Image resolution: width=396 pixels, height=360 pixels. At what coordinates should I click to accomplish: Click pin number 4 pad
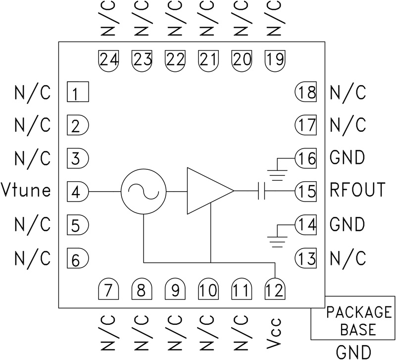(x=77, y=191)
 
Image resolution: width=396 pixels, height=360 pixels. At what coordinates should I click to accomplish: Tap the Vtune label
(x=26, y=191)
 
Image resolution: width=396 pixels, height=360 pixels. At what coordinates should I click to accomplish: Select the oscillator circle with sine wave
(x=143, y=191)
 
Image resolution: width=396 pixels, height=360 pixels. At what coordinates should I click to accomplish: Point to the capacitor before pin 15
(x=262, y=191)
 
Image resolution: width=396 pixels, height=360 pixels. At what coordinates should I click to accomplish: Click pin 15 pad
(x=305, y=191)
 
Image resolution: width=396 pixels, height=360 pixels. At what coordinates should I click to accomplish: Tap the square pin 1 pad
(x=78, y=92)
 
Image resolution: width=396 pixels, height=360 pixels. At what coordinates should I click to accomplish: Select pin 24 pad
(x=109, y=60)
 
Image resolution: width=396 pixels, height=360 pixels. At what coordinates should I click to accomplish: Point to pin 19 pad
(x=275, y=60)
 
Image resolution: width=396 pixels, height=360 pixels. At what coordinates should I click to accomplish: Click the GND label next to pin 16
(x=347, y=158)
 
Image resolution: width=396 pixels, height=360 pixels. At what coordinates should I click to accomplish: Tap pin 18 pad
(x=305, y=92)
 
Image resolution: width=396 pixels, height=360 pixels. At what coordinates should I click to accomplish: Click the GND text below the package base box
(x=353, y=352)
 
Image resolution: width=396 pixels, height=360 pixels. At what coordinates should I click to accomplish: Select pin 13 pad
(x=305, y=257)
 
